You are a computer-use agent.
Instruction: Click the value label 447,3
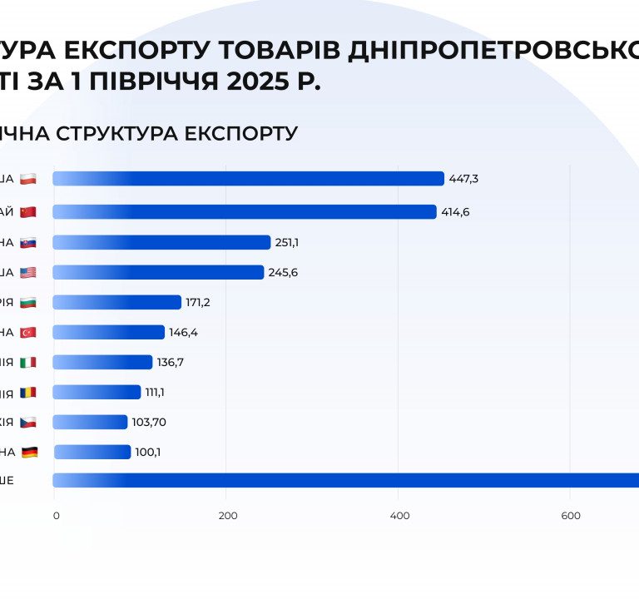(463, 179)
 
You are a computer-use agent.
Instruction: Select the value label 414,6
(455, 212)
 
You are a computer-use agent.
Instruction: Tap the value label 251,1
(287, 242)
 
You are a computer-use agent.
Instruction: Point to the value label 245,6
(282, 272)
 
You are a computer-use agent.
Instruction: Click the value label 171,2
(198, 302)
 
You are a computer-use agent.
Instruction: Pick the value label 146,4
(183, 332)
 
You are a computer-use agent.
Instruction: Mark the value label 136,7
(171, 362)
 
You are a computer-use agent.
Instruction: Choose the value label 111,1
(158, 392)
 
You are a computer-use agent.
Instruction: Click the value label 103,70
(149, 422)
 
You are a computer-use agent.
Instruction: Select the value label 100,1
(149, 452)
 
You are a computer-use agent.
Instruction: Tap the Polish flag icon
(28, 179)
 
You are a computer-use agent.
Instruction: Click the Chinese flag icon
(28, 212)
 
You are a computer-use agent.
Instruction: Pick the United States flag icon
(28, 272)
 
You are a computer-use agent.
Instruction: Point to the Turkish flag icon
(28, 332)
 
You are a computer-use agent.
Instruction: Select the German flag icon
(30, 452)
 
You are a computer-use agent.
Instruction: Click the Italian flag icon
(28, 362)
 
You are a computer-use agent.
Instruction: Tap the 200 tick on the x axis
(227, 516)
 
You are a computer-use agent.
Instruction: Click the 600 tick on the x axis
(571, 516)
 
